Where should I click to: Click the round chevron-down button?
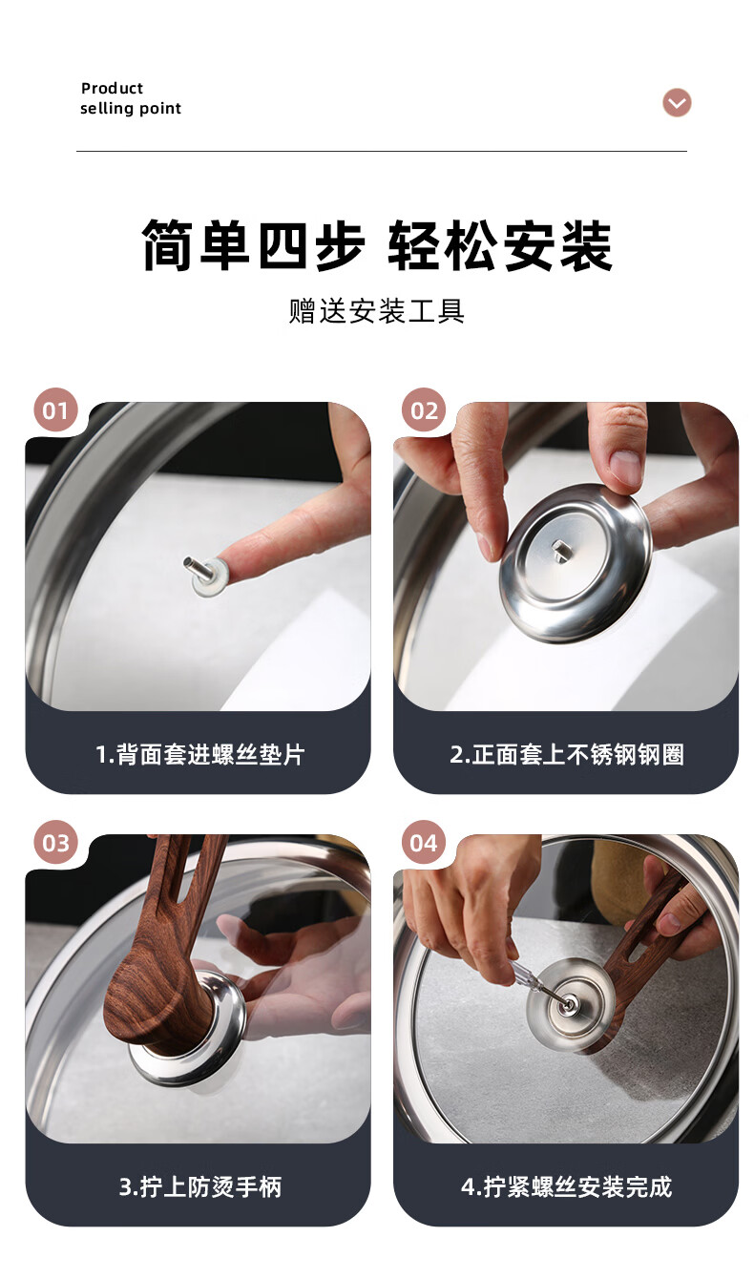coord(677,103)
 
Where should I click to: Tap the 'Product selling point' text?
coord(131,98)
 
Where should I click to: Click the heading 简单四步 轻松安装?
coord(377,245)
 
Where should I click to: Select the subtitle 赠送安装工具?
coord(377,311)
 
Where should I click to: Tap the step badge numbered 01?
coord(55,410)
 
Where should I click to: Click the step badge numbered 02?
coord(424,410)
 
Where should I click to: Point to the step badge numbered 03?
coord(55,842)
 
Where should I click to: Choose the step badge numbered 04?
coord(424,842)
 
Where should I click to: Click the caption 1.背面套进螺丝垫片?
coord(199,754)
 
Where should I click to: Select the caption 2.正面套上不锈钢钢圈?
coord(567,754)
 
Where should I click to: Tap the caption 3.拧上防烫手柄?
coord(199,1186)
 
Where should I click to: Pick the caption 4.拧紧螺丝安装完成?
coord(567,1186)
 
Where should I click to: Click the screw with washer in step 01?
coord(205,575)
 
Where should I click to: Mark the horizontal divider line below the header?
coord(381,152)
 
